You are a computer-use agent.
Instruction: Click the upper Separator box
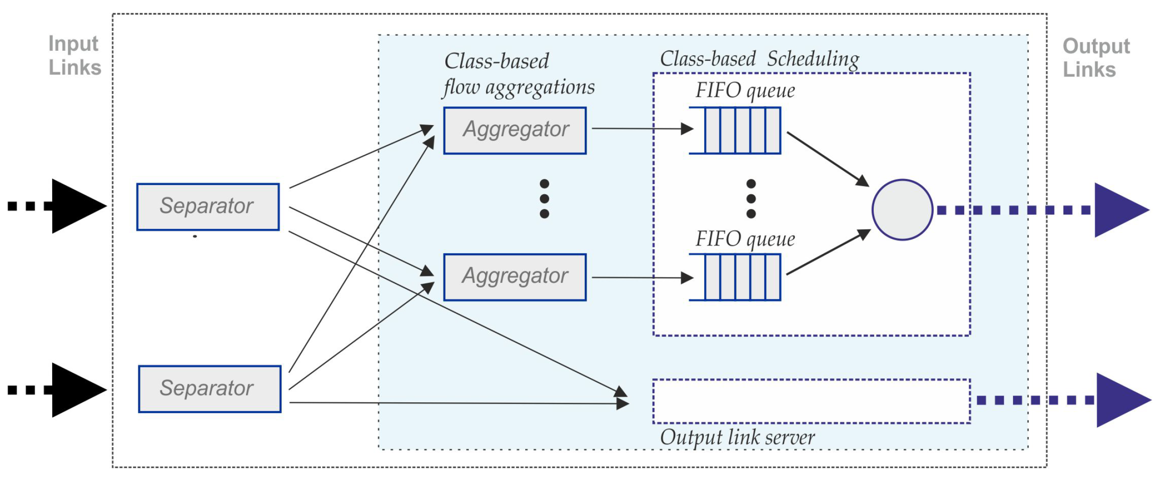[x=208, y=206]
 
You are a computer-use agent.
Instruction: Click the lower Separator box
[x=210, y=389]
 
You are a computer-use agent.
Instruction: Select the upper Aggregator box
[x=515, y=130]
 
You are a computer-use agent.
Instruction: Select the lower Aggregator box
[x=515, y=277]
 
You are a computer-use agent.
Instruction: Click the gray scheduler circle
[x=902, y=210]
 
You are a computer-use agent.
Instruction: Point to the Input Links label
[x=74, y=55]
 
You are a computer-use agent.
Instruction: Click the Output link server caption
[x=737, y=437]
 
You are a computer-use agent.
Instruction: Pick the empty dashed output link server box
[x=811, y=401]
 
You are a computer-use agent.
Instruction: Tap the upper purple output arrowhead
[x=1119, y=210]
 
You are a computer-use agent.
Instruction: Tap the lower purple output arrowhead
[x=1121, y=400]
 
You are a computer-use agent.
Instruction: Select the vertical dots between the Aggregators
[x=544, y=198]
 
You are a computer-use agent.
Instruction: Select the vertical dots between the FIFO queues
[x=750, y=198]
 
